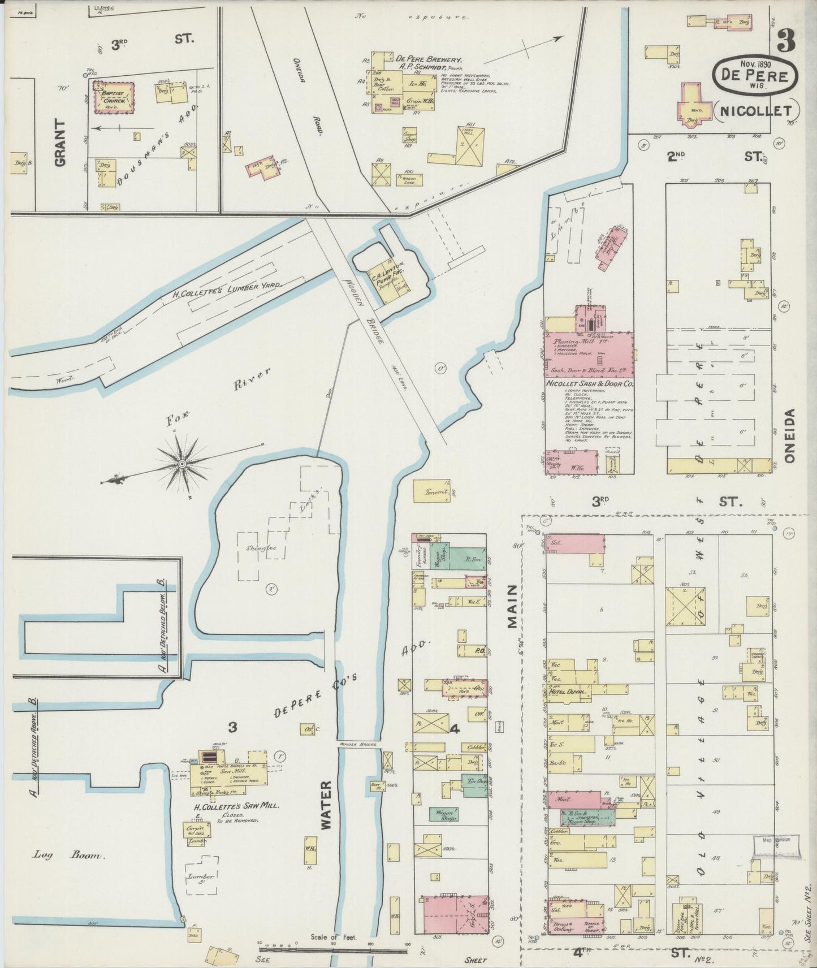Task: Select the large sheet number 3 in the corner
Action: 786,40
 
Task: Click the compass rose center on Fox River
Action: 182,464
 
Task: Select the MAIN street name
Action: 512,607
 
